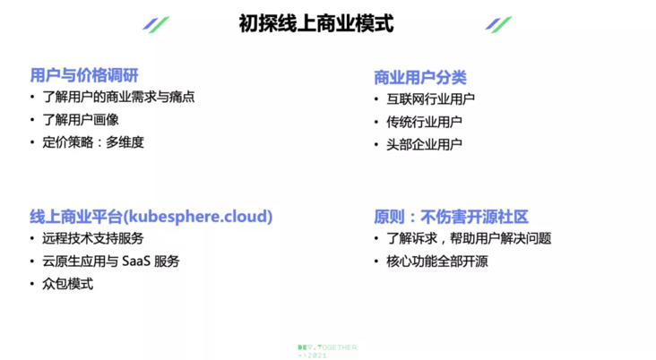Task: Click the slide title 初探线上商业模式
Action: click(x=316, y=23)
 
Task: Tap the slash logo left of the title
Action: click(x=156, y=24)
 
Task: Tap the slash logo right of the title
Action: click(x=498, y=24)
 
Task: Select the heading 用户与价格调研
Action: click(x=84, y=76)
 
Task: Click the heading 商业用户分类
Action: click(x=420, y=77)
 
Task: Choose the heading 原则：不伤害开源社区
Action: click(x=451, y=217)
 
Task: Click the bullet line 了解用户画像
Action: click(x=81, y=120)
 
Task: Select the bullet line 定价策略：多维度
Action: click(x=93, y=142)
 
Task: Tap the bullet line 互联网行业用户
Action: click(x=430, y=99)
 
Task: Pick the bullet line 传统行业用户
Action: click(x=424, y=122)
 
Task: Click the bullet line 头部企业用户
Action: click(x=424, y=144)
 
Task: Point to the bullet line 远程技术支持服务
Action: click(x=93, y=238)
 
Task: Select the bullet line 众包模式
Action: click(x=68, y=284)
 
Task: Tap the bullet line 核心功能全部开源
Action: click(x=437, y=261)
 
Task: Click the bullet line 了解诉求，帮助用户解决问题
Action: click(x=469, y=238)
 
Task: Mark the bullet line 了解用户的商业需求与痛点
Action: click(x=119, y=97)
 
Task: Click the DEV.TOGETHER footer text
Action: click(x=327, y=347)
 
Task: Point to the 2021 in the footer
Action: click(x=316, y=356)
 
